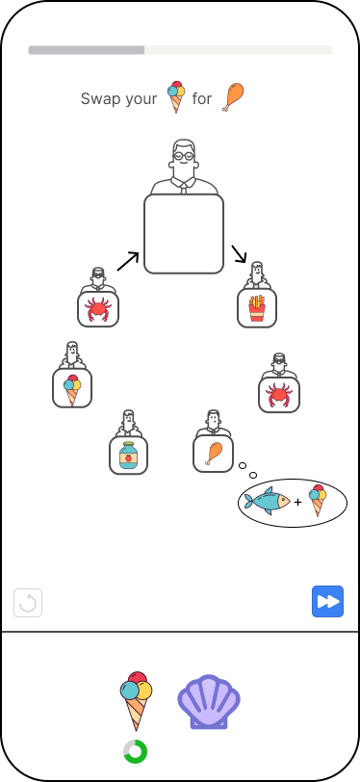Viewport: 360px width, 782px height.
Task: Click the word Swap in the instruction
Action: pos(100,98)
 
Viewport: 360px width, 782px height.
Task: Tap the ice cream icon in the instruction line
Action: pos(175,96)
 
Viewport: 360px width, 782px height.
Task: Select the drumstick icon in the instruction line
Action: pos(233,96)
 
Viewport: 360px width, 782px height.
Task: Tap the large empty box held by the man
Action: pos(184,234)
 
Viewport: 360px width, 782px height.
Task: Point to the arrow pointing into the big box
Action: pos(128,260)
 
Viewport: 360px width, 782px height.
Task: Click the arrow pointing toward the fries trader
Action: pos(239,254)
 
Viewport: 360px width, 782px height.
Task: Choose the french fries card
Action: pos(257,308)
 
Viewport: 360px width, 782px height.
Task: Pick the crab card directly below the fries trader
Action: pos(279,394)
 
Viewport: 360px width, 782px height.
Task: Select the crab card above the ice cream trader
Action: pos(98,309)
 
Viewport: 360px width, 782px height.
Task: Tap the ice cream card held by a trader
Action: pos(72,388)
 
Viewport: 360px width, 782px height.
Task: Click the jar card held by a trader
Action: pos(128,456)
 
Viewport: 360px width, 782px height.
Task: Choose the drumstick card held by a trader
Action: pos(214,453)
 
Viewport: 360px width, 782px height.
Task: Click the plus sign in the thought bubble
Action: pos(297,503)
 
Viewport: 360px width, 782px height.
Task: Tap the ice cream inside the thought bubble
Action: pos(319,501)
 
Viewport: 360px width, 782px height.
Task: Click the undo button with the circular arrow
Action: pos(28,603)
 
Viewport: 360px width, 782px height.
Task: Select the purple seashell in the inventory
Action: pos(208,701)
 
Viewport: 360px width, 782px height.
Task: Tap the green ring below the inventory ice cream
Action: pos(135,751)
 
